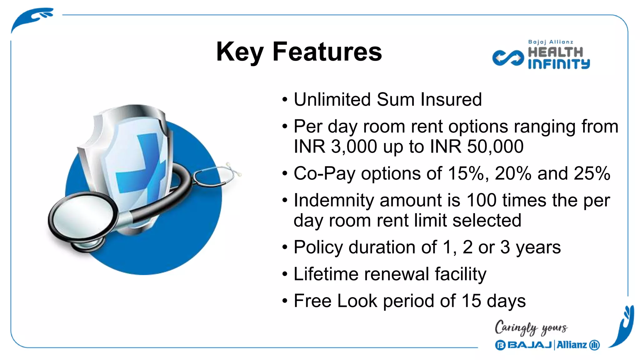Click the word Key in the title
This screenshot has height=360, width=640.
tap(240, 52)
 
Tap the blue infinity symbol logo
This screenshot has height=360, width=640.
tap(508, 58)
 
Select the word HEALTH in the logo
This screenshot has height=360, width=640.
tap(555, 52)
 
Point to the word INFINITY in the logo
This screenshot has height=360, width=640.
tap(559, 64)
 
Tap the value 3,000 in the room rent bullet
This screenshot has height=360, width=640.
tap(354, 147)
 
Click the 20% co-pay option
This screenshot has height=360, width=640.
tap(513, 173)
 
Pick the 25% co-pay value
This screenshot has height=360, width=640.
tap(592, 173)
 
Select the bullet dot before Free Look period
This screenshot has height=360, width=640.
tap(284, 301)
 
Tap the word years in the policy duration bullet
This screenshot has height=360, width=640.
tap(538, 247)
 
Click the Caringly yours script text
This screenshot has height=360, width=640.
tap(531, 328)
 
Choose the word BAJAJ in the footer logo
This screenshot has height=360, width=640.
tap(529, 345)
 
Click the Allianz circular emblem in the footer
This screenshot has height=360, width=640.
tap(594, 345)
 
